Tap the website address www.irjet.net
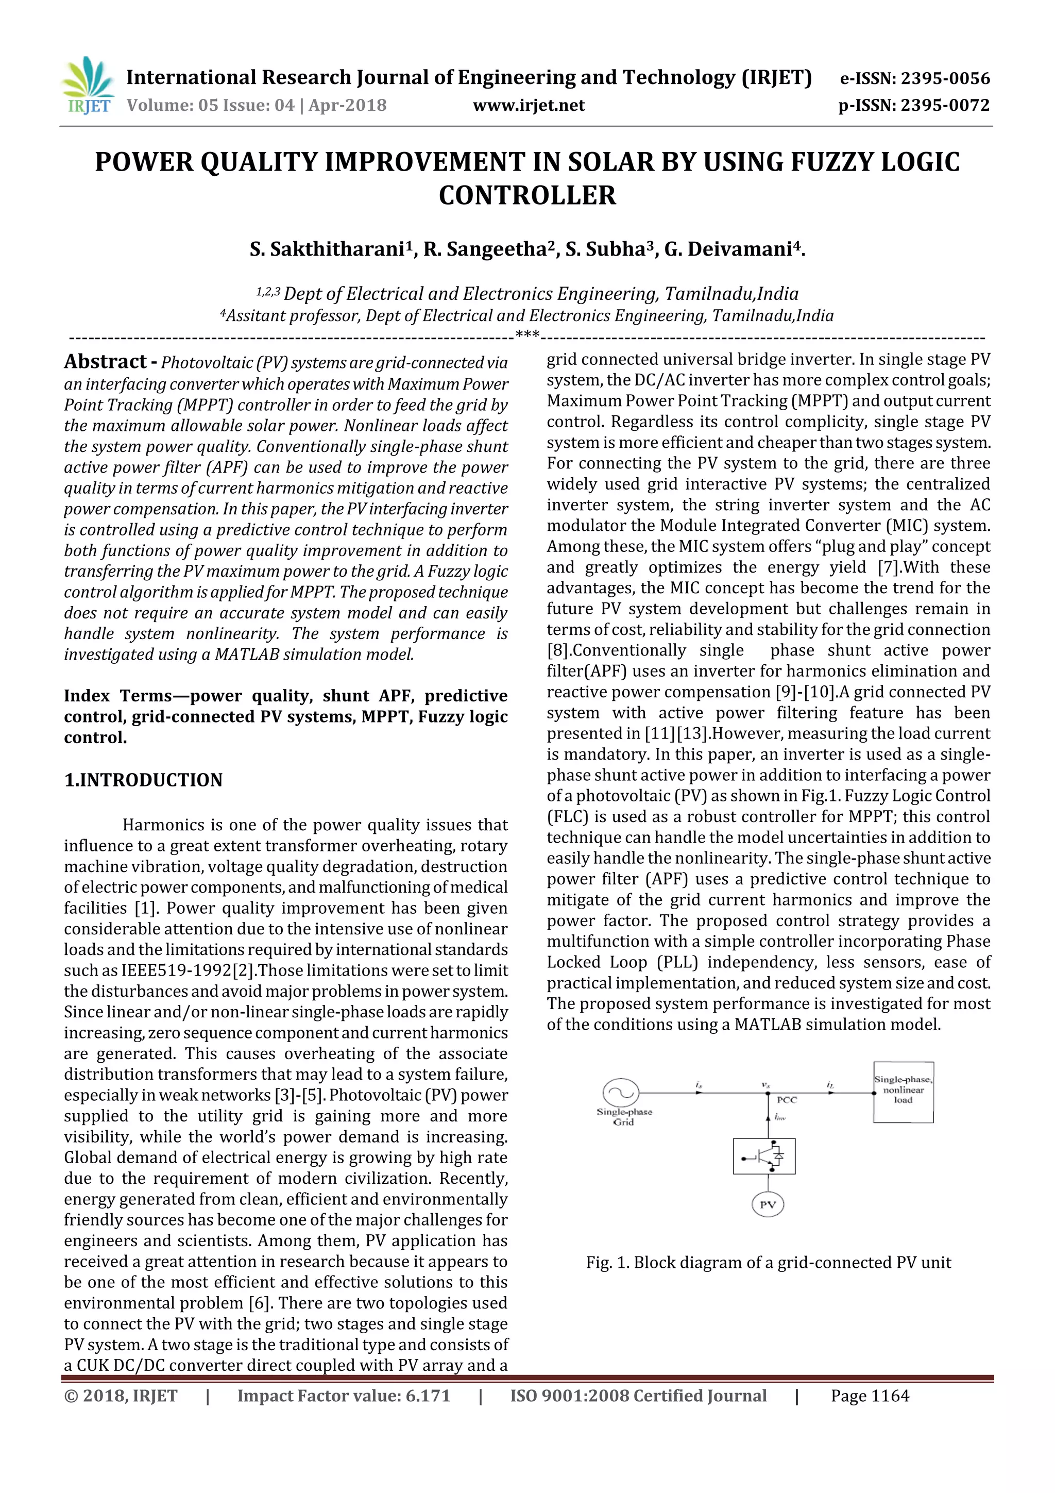coord(529,105)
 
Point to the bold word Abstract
coord(105,362)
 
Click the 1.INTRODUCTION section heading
coord(143,780)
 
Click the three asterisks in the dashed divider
coord(527,335)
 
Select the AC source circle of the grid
coord(621,1093)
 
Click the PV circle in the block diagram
coord(768,1205)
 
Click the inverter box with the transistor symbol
coord(764,1156)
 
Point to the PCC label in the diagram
coord(787,1100)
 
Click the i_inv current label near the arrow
coord(780,1118)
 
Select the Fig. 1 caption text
coord(768,1262)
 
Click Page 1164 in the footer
coord(870,1396)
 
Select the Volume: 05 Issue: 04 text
coord(211,105)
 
